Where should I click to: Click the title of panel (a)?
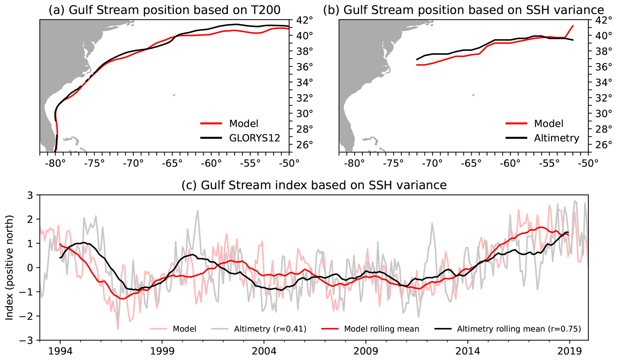point(164,10)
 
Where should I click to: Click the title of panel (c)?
point(314,185)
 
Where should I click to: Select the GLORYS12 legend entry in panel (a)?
point(254,138)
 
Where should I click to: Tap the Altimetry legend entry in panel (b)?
point(556,138)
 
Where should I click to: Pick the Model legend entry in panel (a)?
point(244,123)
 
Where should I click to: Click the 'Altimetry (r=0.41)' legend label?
point(270,329)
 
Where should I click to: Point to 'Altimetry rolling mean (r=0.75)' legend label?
point(519,329)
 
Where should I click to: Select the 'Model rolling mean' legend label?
point(381,329)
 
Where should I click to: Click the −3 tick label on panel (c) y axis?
point(30,340)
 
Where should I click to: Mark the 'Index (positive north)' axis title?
point(10,267)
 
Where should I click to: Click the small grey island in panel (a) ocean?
point(173,95)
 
